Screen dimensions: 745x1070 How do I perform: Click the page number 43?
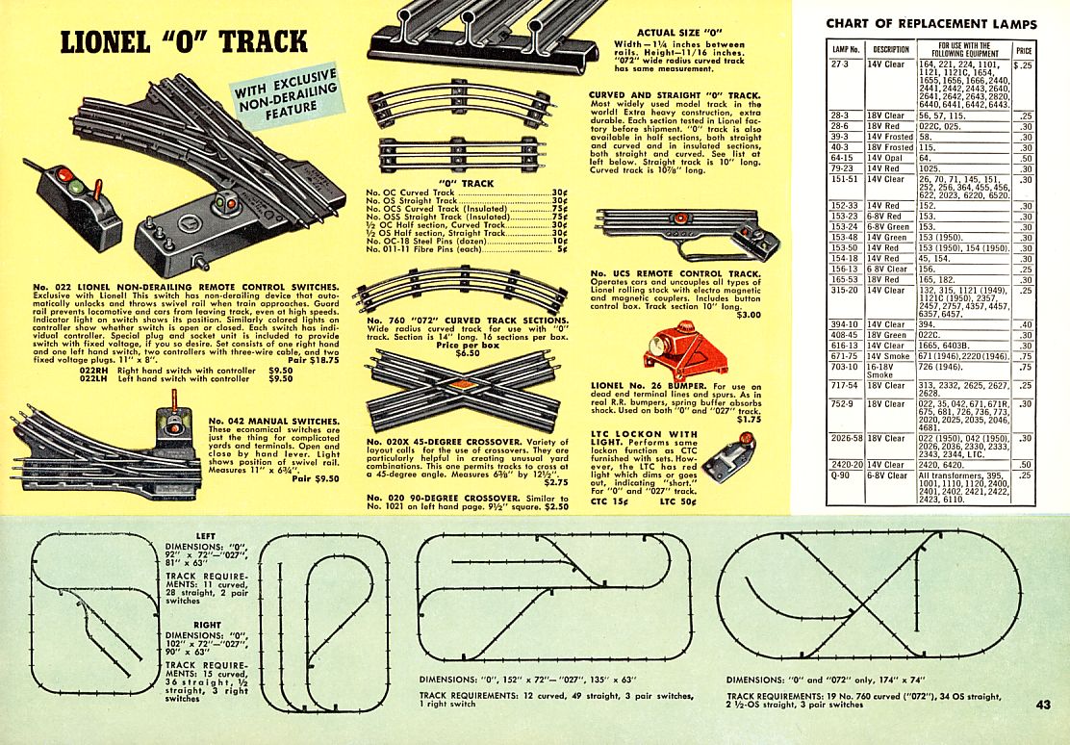(1045, 705)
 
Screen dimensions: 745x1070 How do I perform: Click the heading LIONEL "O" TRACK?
(183, 42)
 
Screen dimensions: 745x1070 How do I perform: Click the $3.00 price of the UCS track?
(748, 315)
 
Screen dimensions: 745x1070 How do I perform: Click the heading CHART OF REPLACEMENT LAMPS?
(930, 23)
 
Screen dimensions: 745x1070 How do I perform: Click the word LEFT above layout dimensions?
(204, 536)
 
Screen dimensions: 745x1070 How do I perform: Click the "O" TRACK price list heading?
(466, 183)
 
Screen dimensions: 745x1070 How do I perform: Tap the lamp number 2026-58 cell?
(846, 438)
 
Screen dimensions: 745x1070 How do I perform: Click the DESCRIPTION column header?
(890, 49)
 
